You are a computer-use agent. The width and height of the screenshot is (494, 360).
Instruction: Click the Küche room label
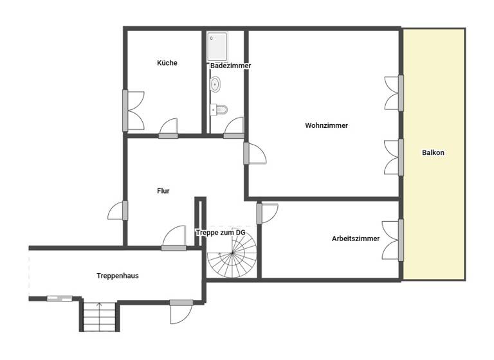pos(167,63)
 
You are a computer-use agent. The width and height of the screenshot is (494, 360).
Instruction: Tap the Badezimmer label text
pos(230,66)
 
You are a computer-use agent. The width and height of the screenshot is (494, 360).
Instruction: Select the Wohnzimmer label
pos(326,126)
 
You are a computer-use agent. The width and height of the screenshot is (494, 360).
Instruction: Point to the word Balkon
pos(433,153)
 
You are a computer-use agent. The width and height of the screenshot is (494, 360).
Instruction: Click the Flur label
pos(163,190)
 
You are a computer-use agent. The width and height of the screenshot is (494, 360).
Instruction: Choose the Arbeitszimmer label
pos(355,239)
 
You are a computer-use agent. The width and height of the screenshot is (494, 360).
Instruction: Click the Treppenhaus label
pos(118,275)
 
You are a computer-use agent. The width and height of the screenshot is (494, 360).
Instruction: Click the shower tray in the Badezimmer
pos(217,46)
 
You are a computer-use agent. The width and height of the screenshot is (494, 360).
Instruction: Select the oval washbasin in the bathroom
pos(215,84)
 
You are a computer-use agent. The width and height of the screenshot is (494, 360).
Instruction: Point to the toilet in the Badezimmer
pos(221,109)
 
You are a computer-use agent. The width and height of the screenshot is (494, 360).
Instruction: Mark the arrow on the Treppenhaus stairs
pos(99,307)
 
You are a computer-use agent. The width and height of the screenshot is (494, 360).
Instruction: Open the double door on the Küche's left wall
pos(134,111)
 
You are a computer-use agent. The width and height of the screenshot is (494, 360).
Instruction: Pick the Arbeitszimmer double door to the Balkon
pos(392,240)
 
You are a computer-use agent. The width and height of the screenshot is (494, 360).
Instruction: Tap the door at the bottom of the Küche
pos(169,129)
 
